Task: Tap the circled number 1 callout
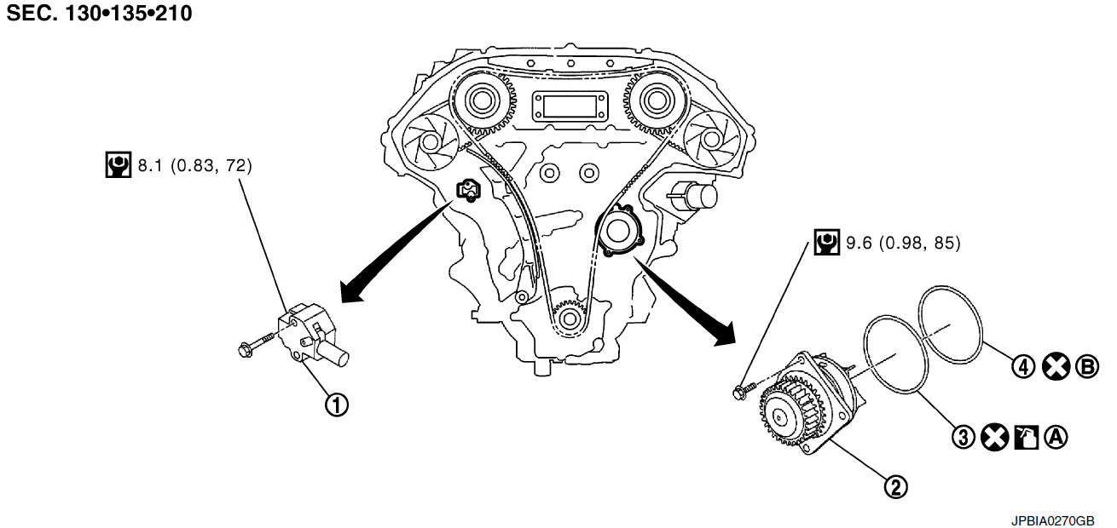tap(338, 405)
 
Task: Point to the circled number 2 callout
tap(894, 486)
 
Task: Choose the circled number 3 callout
tap(963, 437)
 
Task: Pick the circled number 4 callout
tap(1023, 367)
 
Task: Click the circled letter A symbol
tap(1056, 437)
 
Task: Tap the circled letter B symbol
tap(1087, 367)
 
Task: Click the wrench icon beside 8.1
tap(118, 165)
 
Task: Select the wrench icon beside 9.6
tap(825, 244)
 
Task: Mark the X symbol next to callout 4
tap(1056, 367)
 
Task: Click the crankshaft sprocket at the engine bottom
tap(568, 317)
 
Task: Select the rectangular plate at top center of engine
tap(568, 108)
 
